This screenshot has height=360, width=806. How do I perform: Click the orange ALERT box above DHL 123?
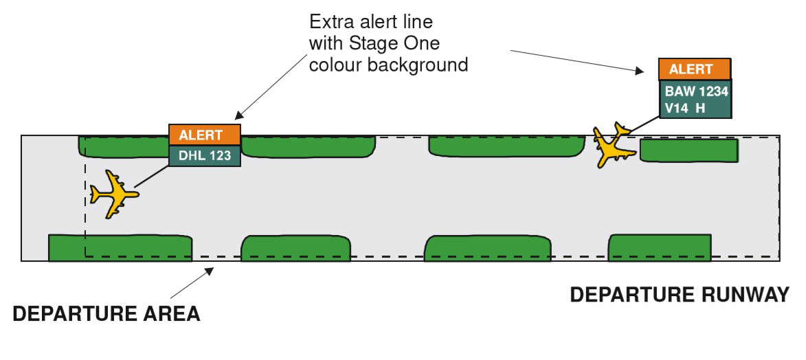click(205, 135)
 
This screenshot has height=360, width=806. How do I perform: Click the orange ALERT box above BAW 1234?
click(694, 70)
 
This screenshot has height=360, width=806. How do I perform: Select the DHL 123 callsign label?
click(205, 155)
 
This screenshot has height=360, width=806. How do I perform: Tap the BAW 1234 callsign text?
click(695, 90)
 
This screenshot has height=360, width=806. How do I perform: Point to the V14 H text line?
click(685, 107)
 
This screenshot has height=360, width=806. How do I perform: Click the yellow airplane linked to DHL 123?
click(113, 194)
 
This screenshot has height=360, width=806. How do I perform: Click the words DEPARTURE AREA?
click(107, 315)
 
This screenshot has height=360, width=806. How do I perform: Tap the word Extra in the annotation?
click(330, 21)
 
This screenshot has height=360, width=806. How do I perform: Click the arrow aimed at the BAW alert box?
click(578, 59)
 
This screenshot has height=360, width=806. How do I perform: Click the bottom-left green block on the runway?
click(120, 247)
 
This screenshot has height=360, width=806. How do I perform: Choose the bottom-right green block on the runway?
click(659, 247)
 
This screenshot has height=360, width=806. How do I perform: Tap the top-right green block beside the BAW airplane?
click(689, 150)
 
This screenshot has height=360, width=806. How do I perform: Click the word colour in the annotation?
click(339, 66)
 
